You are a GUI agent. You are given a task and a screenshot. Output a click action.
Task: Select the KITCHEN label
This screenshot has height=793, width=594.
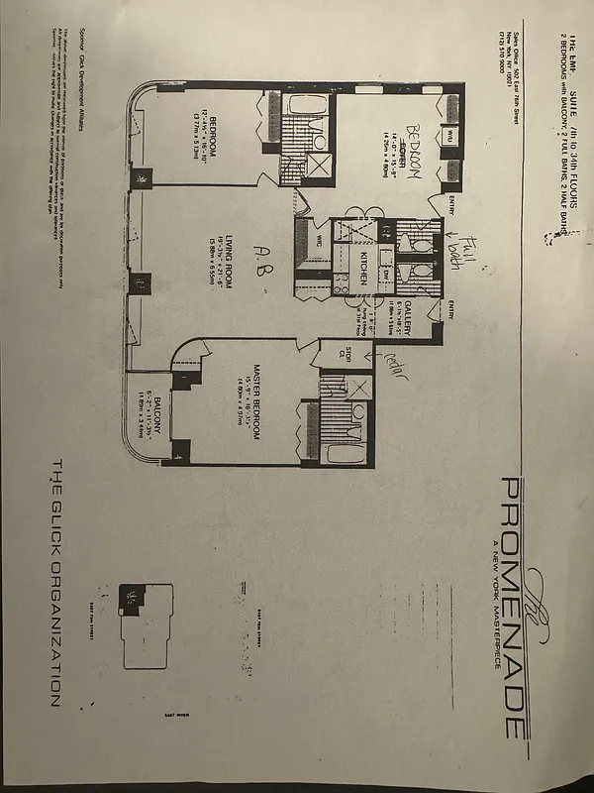(364, 268)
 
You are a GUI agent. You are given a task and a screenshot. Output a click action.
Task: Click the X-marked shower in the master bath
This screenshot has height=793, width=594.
(358, 388)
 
